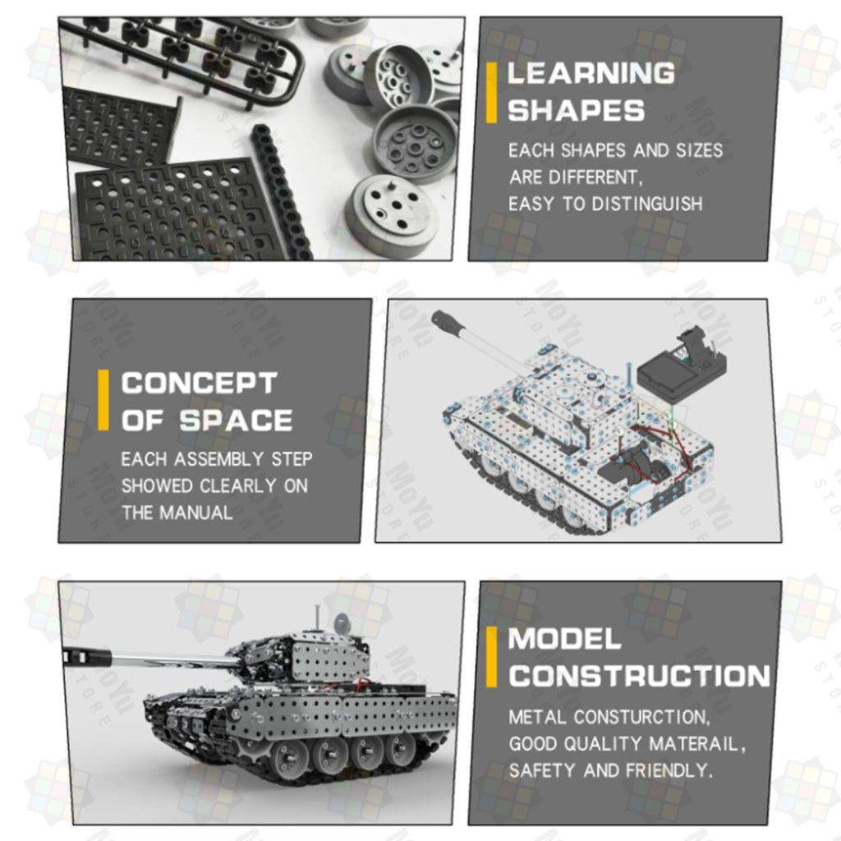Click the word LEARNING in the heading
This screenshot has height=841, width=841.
591,73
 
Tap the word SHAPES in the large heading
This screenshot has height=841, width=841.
576,111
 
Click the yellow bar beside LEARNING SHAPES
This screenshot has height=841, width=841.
491,93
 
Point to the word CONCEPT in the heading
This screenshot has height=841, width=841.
199,383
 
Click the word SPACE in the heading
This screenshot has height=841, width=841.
236,420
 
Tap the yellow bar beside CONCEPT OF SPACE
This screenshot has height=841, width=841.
103,400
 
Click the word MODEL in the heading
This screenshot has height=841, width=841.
564,639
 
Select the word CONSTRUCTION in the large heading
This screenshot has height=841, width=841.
639,676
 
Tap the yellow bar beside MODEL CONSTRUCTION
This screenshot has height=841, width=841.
491,657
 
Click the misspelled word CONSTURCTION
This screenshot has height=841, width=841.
607,717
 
